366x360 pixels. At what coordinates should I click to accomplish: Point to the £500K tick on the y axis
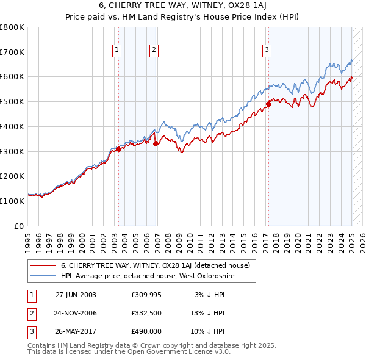point(13,101)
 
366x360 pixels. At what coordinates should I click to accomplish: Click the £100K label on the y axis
point(13,201)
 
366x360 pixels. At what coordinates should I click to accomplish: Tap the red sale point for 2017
point(268,104)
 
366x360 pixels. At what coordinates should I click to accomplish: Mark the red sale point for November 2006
point(156,143)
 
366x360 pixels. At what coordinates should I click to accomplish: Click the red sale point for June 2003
point(118,149)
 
